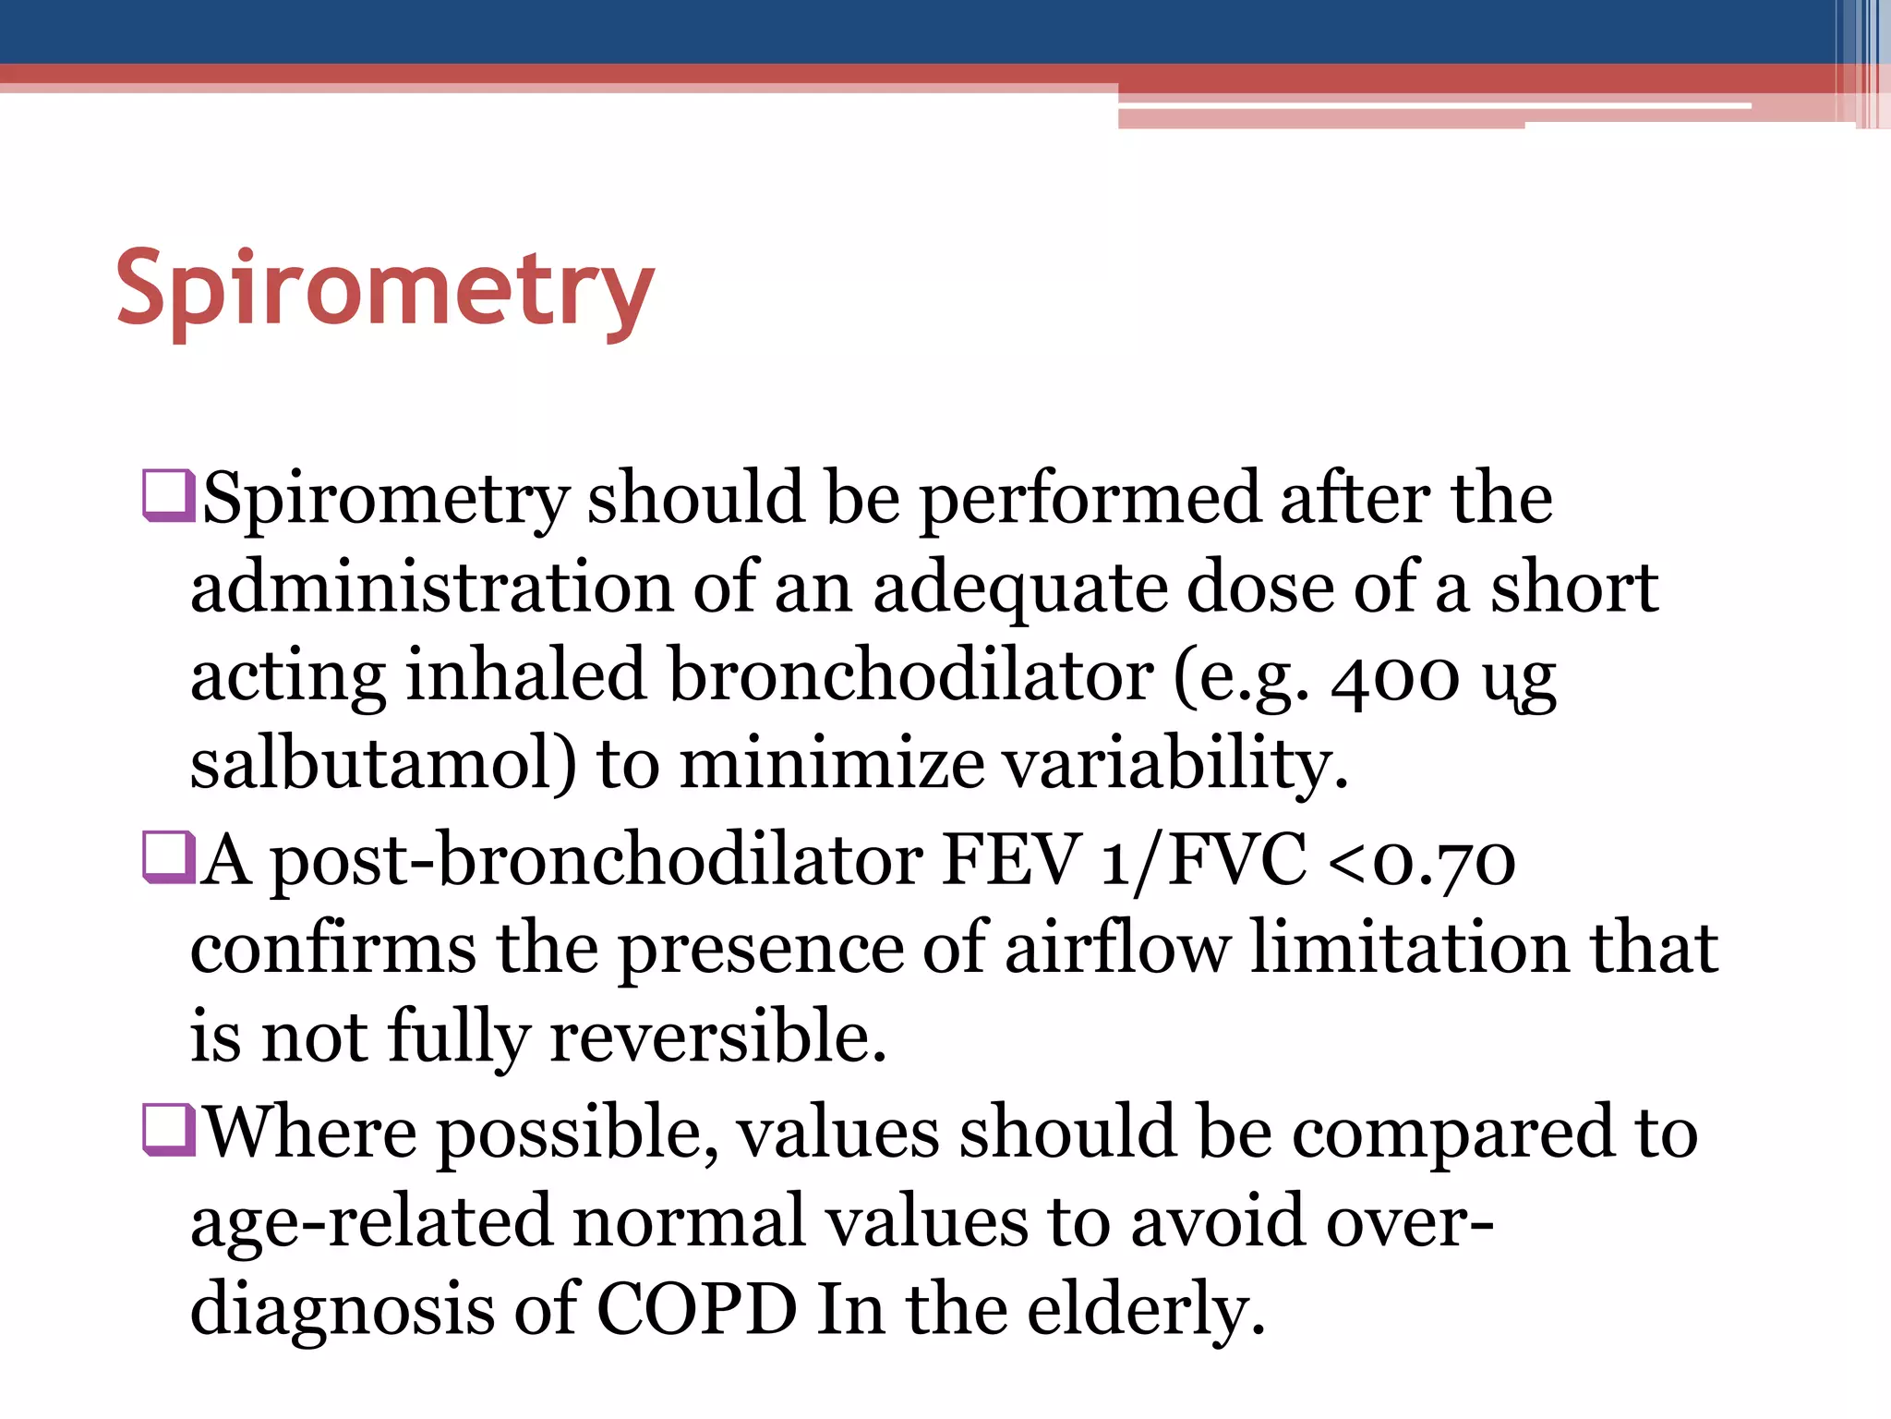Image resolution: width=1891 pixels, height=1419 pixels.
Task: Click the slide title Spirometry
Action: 385,288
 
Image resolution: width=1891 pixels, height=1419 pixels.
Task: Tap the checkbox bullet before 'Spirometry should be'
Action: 168,496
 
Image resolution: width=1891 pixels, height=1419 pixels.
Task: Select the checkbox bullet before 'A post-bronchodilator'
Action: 168,857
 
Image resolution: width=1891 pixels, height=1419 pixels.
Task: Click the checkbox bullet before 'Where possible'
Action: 168,1130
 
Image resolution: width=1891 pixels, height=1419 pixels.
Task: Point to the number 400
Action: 1395,676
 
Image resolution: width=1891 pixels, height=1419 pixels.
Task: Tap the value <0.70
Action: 1421,859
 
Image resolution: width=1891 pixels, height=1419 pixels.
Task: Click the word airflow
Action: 1117,948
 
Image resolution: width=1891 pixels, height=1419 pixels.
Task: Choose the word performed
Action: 1090,498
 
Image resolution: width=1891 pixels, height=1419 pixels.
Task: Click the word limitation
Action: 1409,948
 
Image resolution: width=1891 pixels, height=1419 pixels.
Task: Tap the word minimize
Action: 831,764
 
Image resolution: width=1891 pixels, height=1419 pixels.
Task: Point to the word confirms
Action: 333,948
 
